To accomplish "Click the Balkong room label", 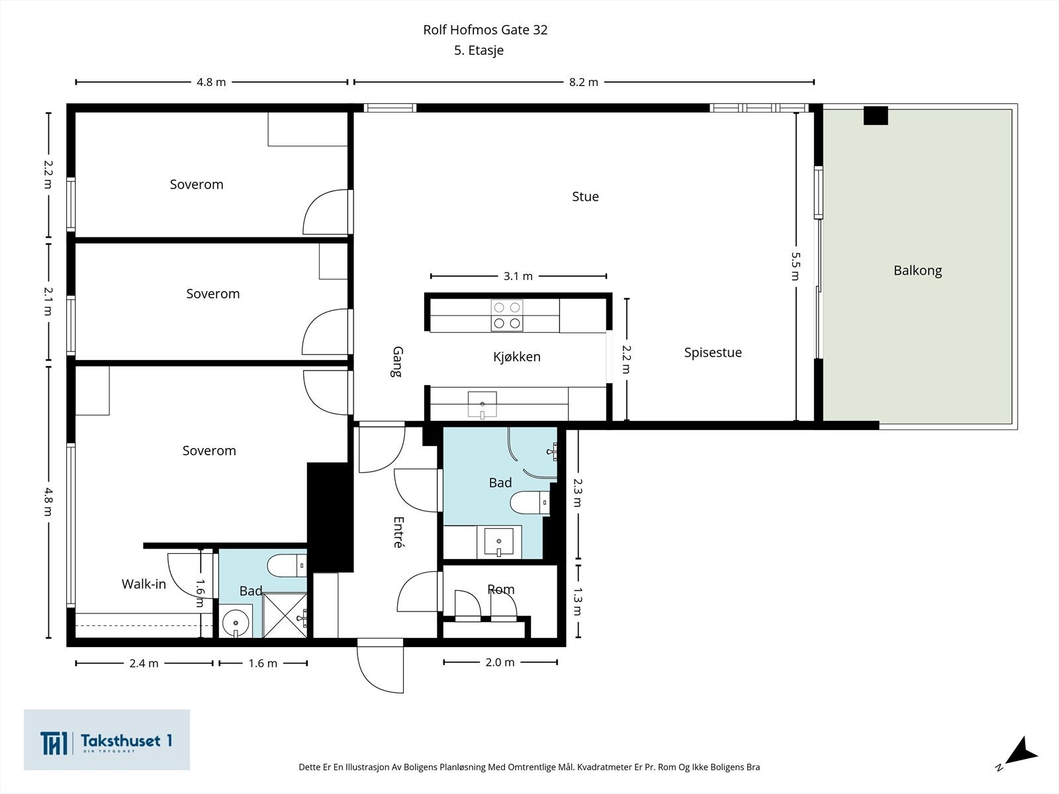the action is point(917,271).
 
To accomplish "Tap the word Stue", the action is point(585,197).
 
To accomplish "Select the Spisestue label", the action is point(713,353).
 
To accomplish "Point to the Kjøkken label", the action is point(517,357).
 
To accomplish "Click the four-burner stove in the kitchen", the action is point(507,316).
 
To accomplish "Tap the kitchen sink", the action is point(482,405).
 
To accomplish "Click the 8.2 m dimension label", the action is point(583,83).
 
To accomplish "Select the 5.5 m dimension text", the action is point(796,266).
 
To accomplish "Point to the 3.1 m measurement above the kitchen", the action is point(518,276).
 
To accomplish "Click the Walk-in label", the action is point(144,584).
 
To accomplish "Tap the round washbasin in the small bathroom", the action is point(236,623).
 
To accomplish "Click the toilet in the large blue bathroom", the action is point(529,503).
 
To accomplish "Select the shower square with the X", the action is point(285,615).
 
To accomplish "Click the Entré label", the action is point(398,533).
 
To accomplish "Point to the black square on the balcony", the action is point(876,116).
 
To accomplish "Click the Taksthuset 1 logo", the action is point(107,740).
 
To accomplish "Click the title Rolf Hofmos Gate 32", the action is point(485,30).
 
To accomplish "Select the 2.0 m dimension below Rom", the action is point(500,662).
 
